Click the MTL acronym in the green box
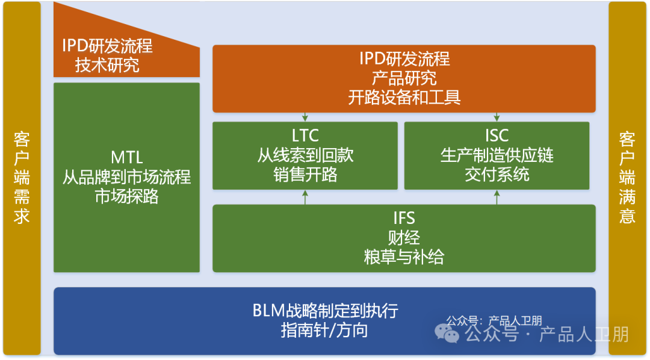coord(127,158)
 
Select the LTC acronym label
coord(305,135)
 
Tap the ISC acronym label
coord(497,135)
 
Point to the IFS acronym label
coord(404,217)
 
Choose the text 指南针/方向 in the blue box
coord(324,331)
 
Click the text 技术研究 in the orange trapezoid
coord(107,65)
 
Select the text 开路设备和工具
coord(404,98)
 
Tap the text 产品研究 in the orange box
coord(404,78)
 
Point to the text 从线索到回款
coord(305,155)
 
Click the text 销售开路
coord(305,175)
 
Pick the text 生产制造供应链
coord(497,155)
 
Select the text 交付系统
coord(497,175)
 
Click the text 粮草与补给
coord(404,257)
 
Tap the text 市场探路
coord(127,196)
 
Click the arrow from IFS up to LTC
coord(305,197)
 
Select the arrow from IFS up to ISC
coord(497,197)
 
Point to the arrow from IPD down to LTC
coord(305,117)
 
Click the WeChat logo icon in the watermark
coord(447,333)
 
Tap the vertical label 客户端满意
coord(627,179)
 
